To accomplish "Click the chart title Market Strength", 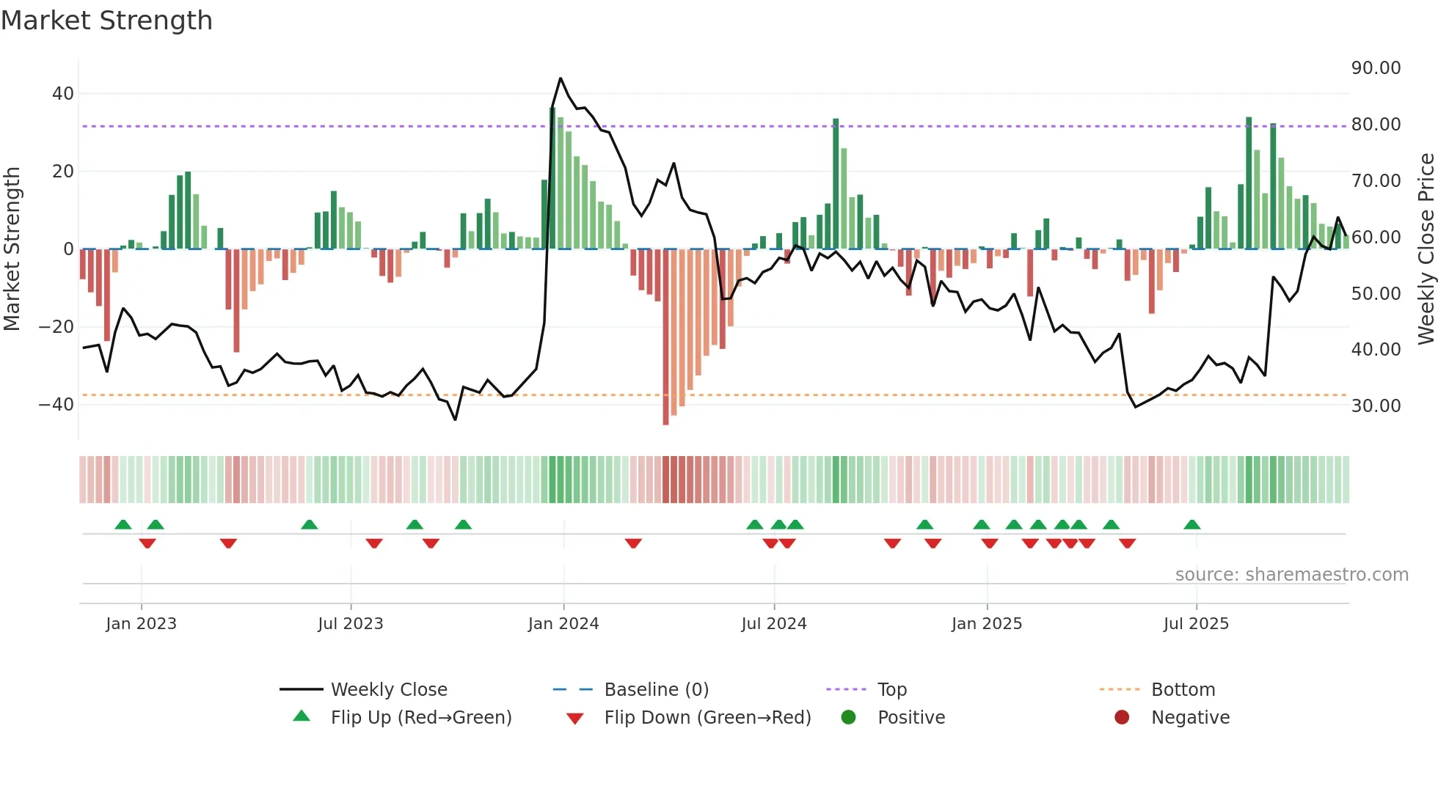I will [x=106, y=21].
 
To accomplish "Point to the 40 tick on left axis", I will [x=63, y=94].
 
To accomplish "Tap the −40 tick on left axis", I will [x=56, y=404].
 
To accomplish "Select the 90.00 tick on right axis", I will [x=1376, y=68].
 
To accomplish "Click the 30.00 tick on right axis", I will [x=1376, y=405].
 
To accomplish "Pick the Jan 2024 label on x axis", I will [x=563, y=624].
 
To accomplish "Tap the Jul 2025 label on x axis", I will [x=1195, y=624].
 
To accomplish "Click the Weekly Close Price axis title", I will [x=1426, y=249].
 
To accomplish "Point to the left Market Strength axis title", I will [x=12, y=249].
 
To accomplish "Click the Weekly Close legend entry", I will [x=388, y=690].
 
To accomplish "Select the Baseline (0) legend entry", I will [x=656, y=690].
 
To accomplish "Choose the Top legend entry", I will [x=891, y=690].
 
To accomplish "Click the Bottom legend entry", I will [x=1183, y=690].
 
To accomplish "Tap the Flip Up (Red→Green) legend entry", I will [x=420, y=718].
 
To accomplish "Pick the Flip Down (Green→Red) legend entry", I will [x=707, y=718].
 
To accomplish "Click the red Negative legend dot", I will [x=1121, y=718].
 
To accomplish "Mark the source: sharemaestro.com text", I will [x=1291, y=575].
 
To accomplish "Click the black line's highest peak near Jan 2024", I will [x=561, y=78].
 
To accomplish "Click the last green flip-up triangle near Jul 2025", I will [x=1191, y=525].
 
